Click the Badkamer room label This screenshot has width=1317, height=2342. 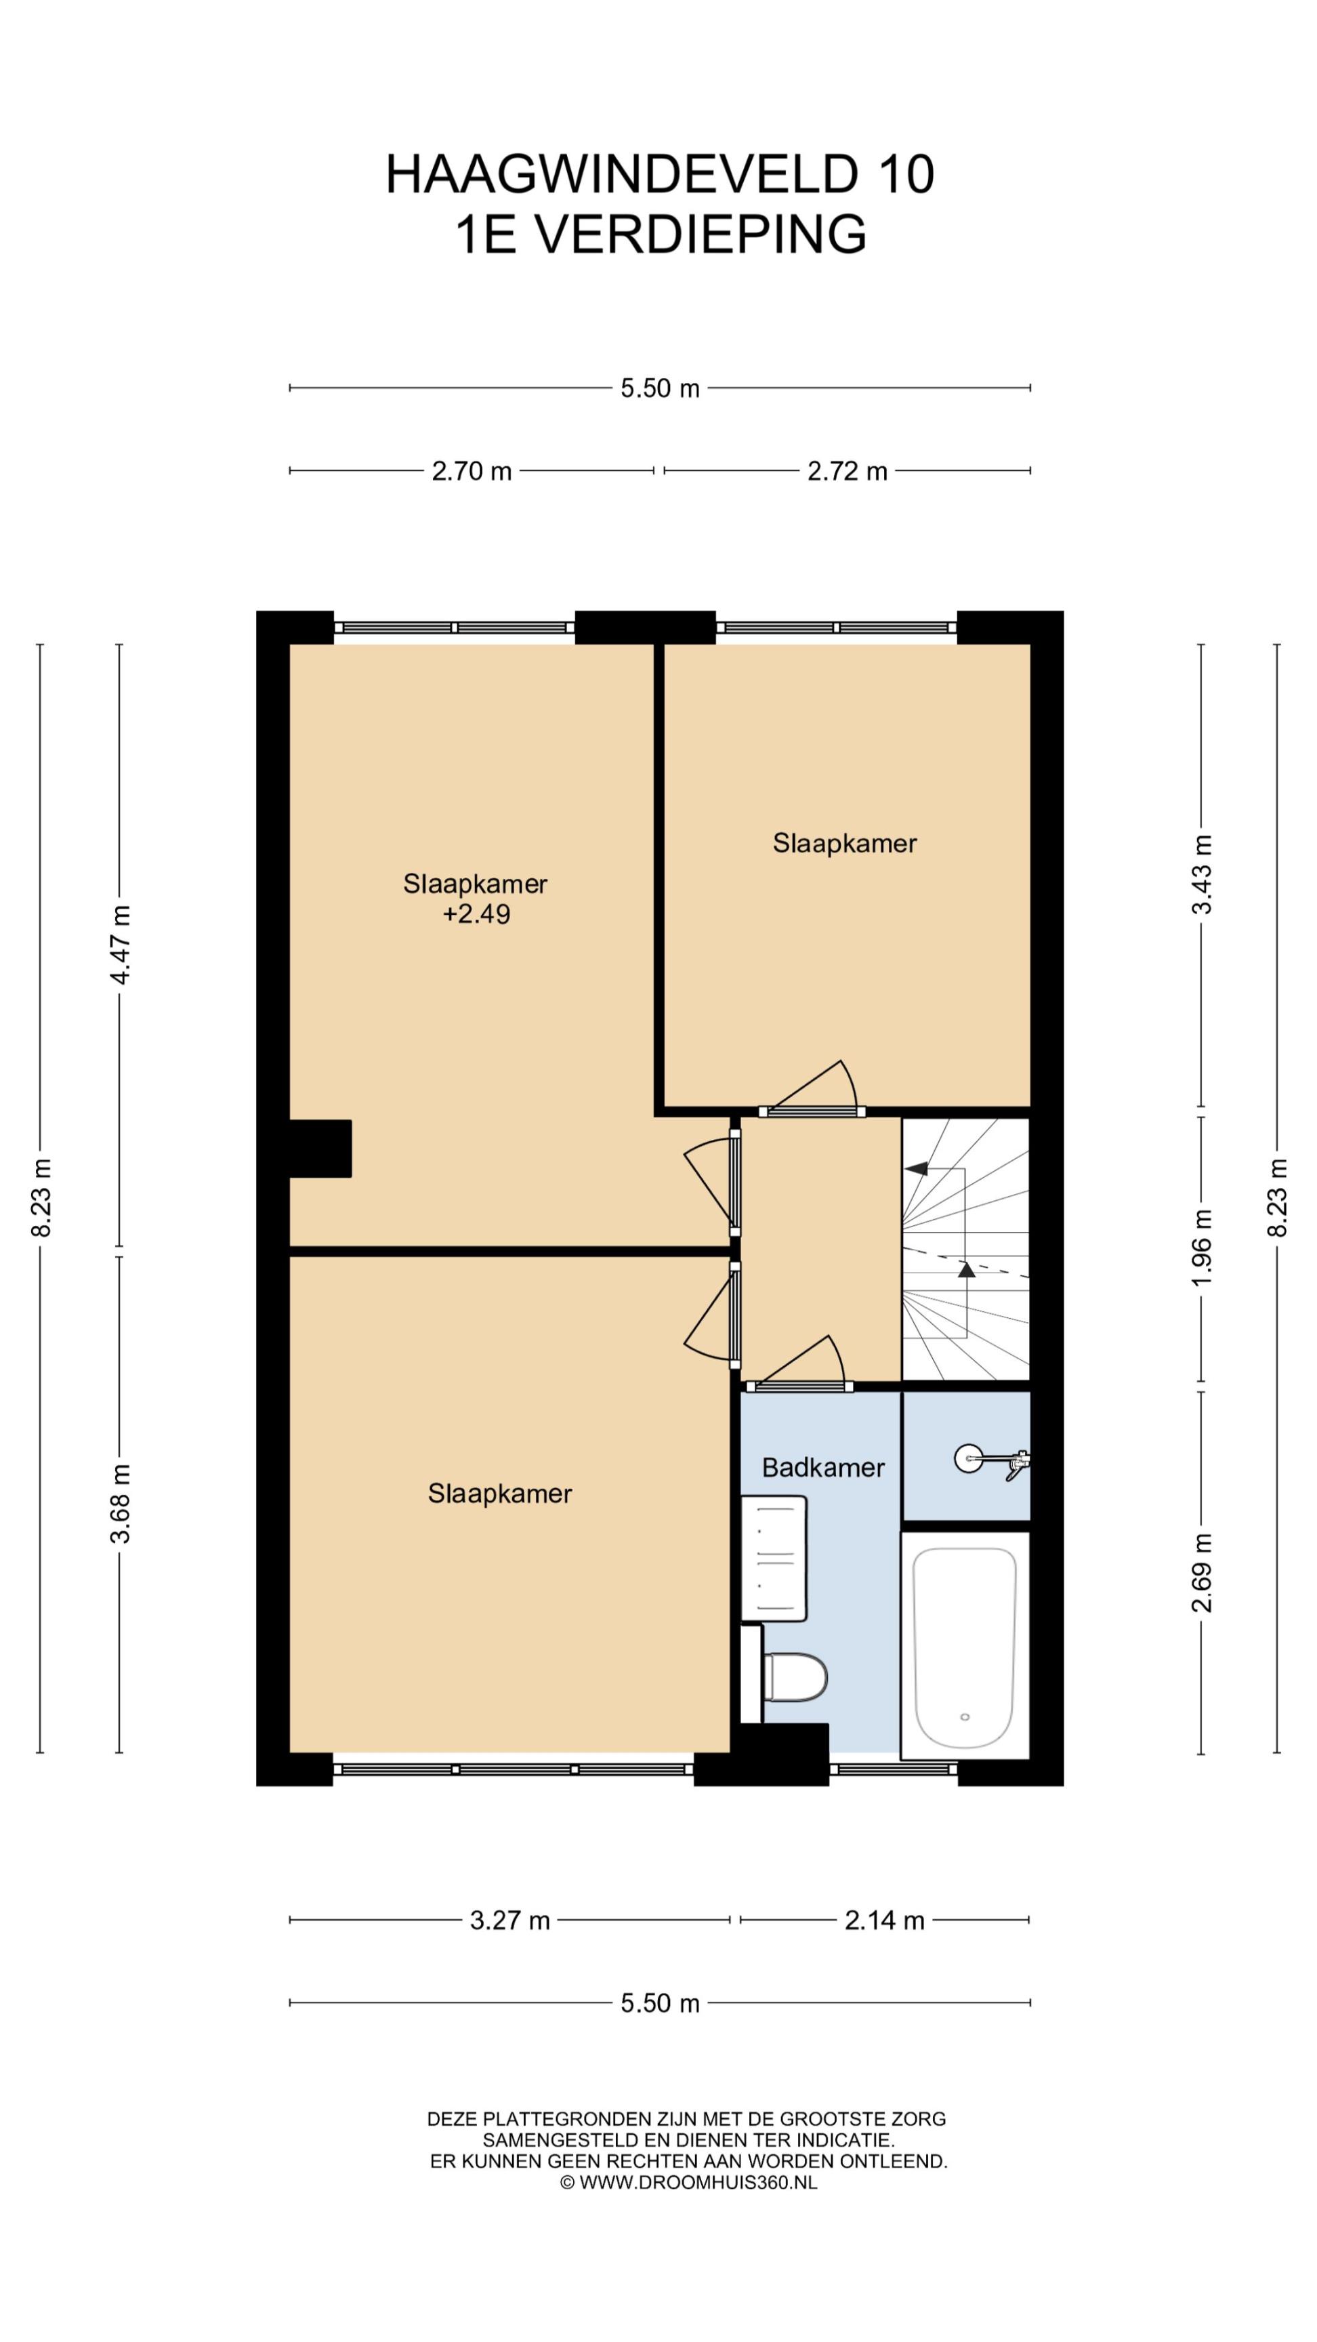(x=822, y=1467)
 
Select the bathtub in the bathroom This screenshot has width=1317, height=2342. (x=964, y=1645)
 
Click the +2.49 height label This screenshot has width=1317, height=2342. (x=476, y=913)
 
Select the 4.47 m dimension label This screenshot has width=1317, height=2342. (x=120, y=945)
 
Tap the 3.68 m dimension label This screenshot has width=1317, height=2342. (x=120, y=1504)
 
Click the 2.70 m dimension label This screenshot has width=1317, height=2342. (x=472, y=471)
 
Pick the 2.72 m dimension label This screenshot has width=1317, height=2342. (x=847, y=471)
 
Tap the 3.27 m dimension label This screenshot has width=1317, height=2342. (x=510, y=1919)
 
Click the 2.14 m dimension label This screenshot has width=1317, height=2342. (x=884, y=1919)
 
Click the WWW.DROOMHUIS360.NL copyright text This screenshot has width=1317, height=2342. (x=698, y=2182)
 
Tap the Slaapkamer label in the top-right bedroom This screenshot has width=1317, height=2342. (x=844, y=843)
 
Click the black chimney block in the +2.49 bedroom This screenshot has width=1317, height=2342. (x=320, y=1148)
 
